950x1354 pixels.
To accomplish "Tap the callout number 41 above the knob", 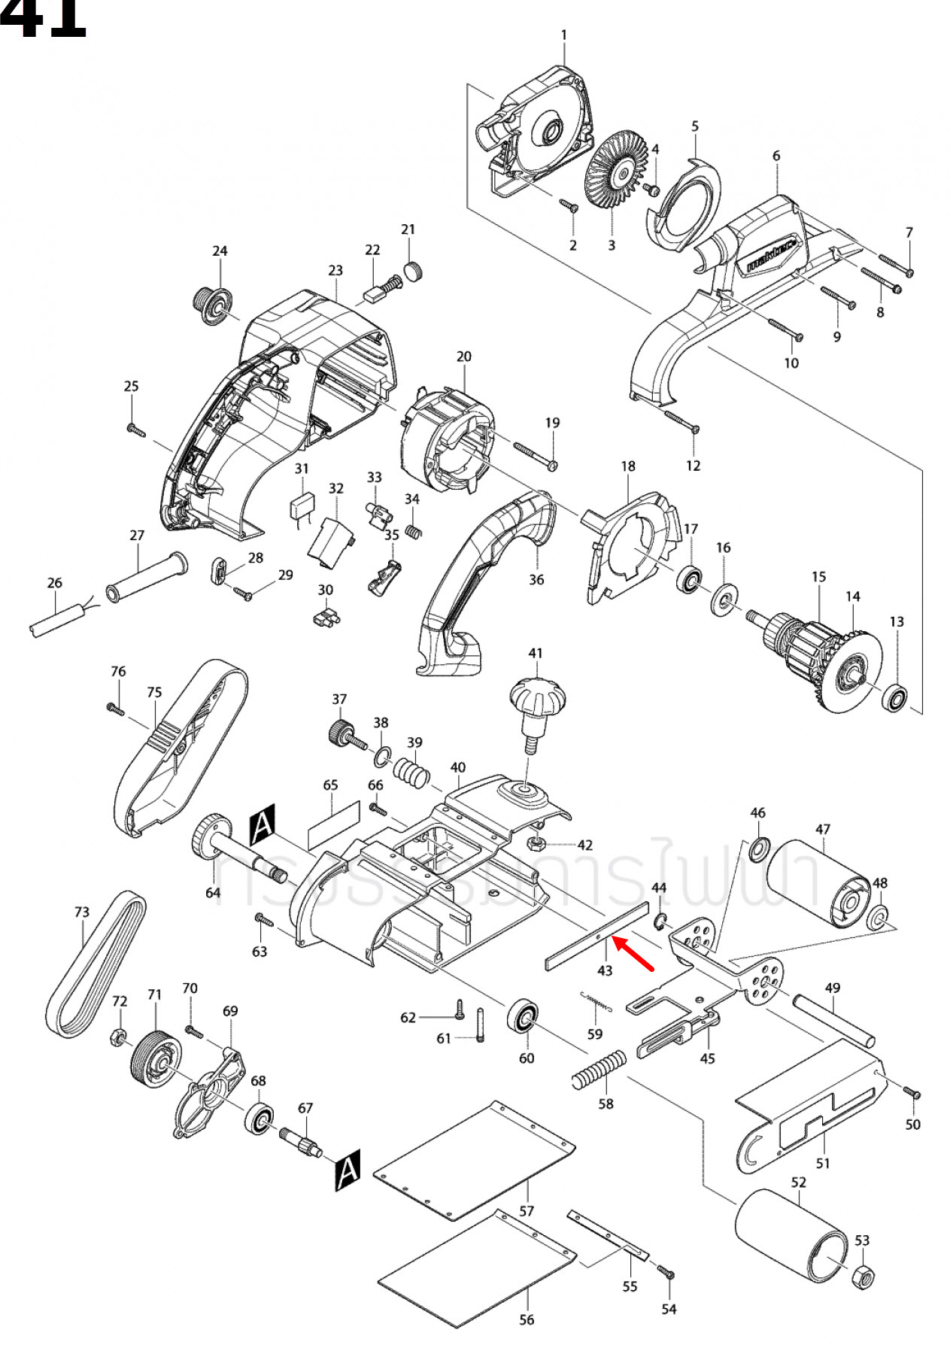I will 535,653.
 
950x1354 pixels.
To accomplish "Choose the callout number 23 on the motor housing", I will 335,270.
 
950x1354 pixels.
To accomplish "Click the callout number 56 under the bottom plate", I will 527,1319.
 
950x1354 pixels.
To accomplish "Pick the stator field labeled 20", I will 446,437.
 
